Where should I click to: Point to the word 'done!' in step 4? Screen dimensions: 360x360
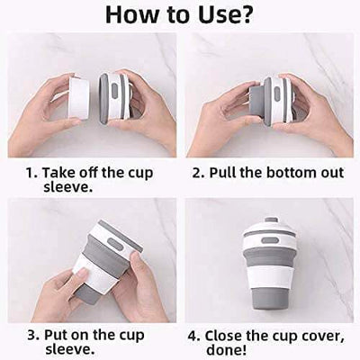click(226, 350)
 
